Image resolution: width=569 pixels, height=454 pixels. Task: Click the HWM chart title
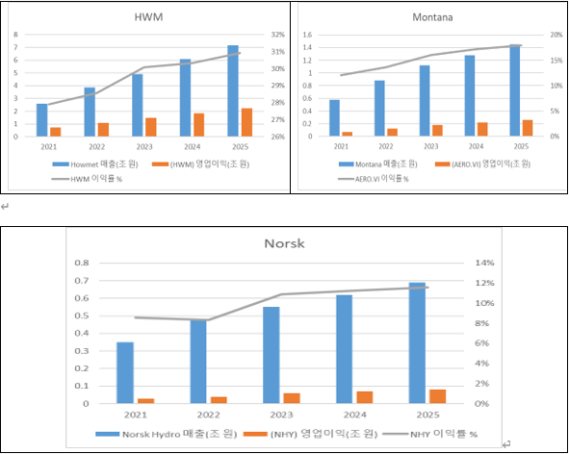pyautogui.click(x=148, y=17)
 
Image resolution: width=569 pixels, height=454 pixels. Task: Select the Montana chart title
pyautogui.click(x=432, y=17)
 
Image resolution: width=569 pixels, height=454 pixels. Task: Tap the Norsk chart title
pyautogui.click(x=284, y=243)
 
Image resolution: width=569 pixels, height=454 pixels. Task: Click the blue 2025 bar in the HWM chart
pyautogui.click(x=233, y=91)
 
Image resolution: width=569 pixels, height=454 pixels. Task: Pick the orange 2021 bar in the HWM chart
pyautogui.click(x=56, y=132)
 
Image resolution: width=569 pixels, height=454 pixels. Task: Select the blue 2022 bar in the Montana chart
pyautogui.click(x=379, y=109)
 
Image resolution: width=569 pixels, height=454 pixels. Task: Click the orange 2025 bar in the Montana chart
pyautogui.click(x=528, y=128)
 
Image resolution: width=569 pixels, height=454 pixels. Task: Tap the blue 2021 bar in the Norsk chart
pyautogui.click(x=125, y=373)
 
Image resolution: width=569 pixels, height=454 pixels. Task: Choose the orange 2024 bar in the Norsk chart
pyautogui.click(x=365, y=397)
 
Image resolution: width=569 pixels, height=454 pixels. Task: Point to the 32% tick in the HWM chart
pyautogui.click(x=278, y=35)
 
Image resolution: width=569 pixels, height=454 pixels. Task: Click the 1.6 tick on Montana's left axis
pyautogui.click(x=307, y=35)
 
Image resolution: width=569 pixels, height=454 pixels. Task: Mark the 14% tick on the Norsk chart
pyautogui.click(x=485, y=263)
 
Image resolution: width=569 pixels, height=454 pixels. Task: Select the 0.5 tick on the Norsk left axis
pyautogui.click(x=82, y=315)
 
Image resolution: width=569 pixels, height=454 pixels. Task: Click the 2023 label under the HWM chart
pyautogui.click(x=144, y=147)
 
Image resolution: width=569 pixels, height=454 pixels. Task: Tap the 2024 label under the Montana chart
pyautogui.click(x=477, y=146)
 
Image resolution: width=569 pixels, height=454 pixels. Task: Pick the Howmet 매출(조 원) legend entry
pyautogui.click(x=95, y=164)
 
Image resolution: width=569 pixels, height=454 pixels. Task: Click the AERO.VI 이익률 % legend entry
pyautogui.click(x=374, y=179)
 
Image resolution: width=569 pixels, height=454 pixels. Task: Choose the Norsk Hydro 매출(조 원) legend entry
pyautogui.click(x=167, y=434)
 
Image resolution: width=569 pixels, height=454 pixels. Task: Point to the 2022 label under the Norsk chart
pyautogui.click(x=209, y=415)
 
